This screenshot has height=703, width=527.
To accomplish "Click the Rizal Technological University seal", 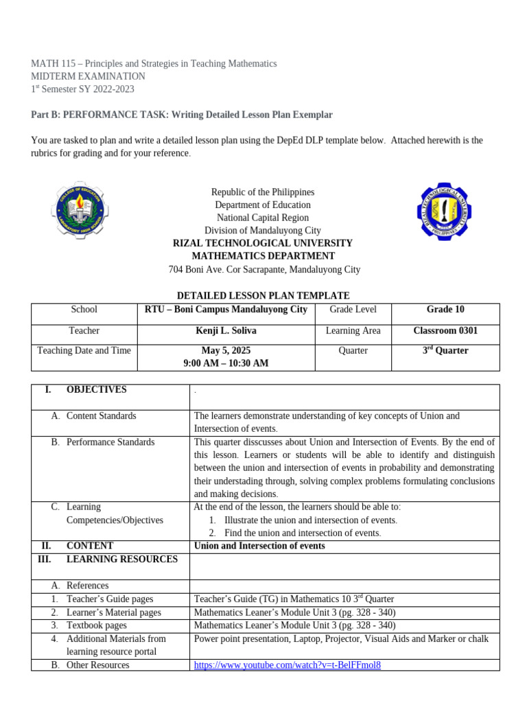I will click(x=445, y=211).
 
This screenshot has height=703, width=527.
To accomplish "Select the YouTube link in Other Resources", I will click(x=288, y=665).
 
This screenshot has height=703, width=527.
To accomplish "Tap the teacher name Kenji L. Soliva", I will click(x=226, y=331).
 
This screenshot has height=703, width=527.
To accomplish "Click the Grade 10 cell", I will click(x=445, y=310).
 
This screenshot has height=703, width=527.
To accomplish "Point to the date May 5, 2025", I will click(x=226, y=350).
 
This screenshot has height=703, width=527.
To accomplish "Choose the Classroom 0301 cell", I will click(x=445, y=331).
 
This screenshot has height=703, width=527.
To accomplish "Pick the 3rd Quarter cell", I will click(x=445, y=351).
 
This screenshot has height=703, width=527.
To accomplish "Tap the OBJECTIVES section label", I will click(x=96, y=389).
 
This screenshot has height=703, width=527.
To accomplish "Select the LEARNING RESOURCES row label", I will click(x=121, y=559).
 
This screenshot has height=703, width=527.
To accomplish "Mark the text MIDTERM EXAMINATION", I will click(x=89, y=76).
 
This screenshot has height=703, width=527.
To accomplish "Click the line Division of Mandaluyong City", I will click(x=263, y=231).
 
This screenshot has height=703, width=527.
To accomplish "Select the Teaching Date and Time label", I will click(x=84, y=350).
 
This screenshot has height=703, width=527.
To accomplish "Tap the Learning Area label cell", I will click(x=353, y=331).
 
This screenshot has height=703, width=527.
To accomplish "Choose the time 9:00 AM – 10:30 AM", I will click(x=226, y=363).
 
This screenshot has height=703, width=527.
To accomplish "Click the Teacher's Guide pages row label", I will click(x=110, y=599).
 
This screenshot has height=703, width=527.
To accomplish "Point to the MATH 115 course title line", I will click(x=154, y=63).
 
